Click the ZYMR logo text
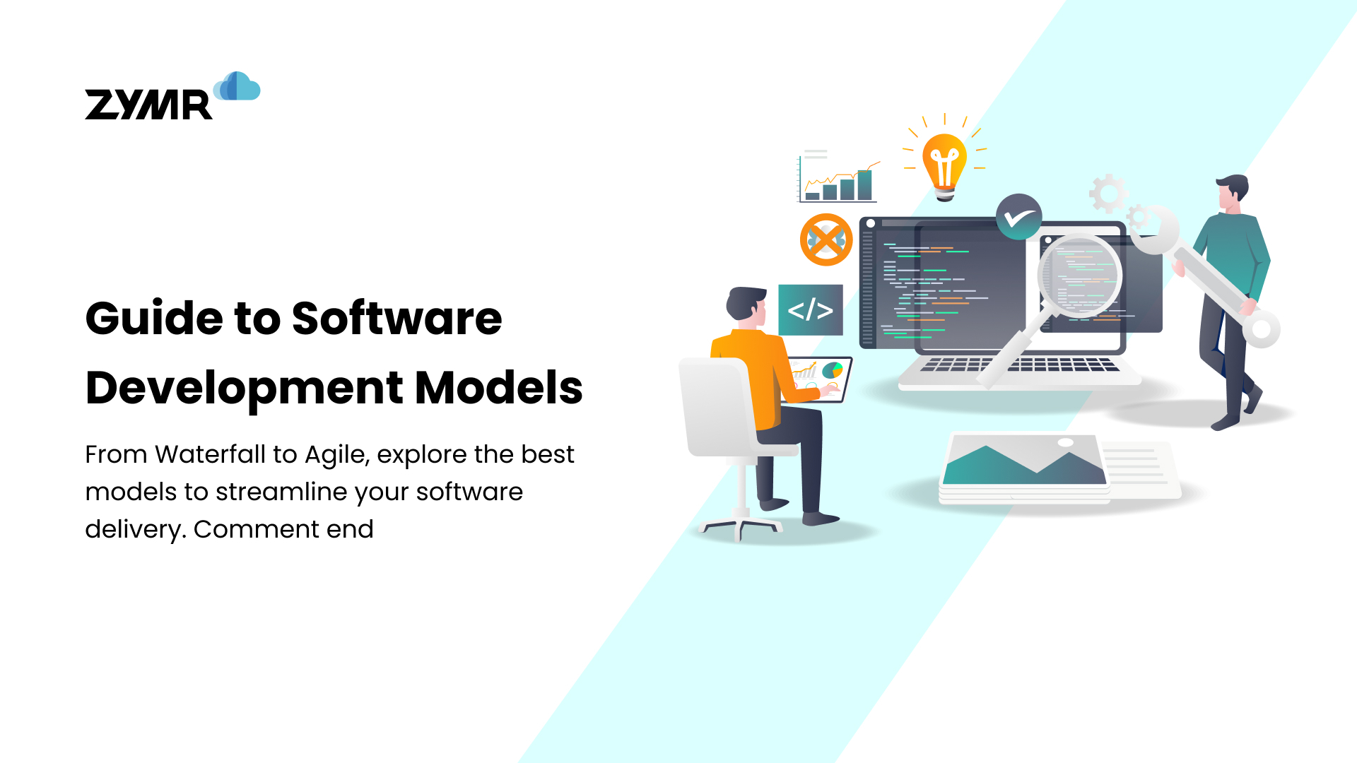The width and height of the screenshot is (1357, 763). [x=148, y=105]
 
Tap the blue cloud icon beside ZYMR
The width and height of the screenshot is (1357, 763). [x=237, y=86]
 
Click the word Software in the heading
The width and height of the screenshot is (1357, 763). [x=396, y=319]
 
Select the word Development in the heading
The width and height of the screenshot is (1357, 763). [x=244, y=388]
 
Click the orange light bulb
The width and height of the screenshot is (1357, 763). [x=944, y=164]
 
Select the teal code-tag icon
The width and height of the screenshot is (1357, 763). [x=810, y=310]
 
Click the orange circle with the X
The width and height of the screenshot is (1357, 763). [x=826, y=239]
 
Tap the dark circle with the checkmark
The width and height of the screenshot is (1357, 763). [x=1018, y=217]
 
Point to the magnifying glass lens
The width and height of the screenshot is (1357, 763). [x=1079, y=276]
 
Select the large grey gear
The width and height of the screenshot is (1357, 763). [x=1108, y=193]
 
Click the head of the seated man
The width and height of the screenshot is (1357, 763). [x=746, y=307]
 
